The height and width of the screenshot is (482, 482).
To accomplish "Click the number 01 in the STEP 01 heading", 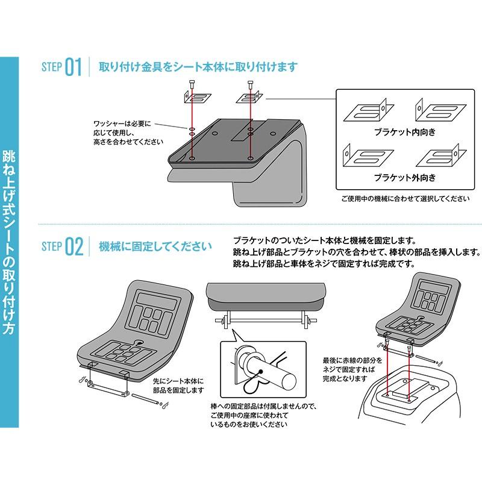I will point(72,67).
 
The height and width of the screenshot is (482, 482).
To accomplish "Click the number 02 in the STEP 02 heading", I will point(74,246).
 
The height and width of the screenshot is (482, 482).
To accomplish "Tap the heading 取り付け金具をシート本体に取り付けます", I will point(198,67).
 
